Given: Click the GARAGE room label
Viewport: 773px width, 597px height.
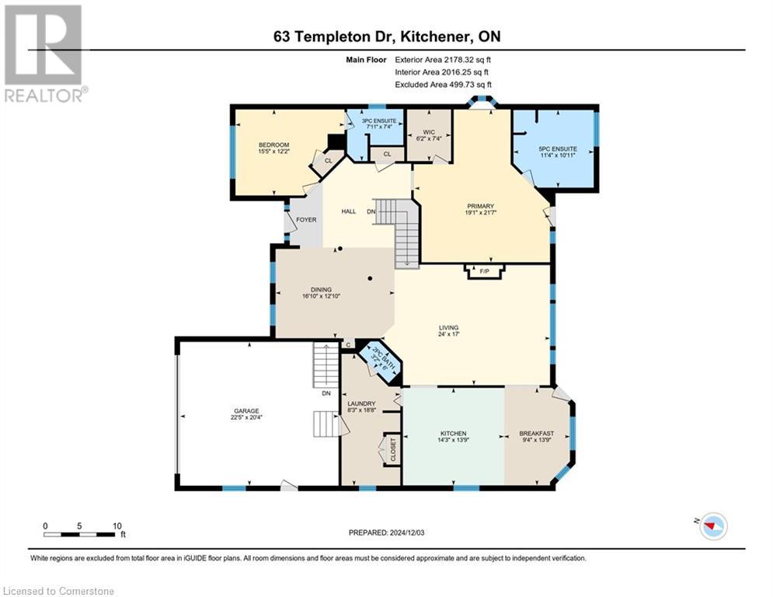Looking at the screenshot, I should click(x=247, y=410).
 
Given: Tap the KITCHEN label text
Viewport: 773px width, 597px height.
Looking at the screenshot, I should click(x=453, y=433).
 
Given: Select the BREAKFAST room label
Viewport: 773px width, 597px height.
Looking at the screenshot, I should click(x=537, y=433).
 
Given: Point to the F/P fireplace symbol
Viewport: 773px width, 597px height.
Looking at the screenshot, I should click(x=485, y=271).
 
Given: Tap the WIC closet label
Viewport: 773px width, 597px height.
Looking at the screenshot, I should click(x=428, y=132).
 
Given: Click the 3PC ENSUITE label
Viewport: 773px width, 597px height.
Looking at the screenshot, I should click(x=375, y=120).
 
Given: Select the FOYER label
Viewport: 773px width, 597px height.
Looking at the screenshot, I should click(x=306, y=220).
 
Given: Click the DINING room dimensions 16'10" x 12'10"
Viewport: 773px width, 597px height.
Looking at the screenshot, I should click(x=322, y=296).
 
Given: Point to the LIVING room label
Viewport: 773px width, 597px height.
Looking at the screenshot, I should click(x=448, y=327).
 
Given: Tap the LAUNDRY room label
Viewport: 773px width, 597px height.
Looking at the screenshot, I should click(x=362, y=403).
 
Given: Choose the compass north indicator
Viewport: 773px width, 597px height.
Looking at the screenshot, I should click(x=711, y=526).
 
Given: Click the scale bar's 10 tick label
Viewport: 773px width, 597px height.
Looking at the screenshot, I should click(x=117, y=525).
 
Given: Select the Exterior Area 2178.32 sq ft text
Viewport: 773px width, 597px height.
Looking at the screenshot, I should click(x=444, y=59).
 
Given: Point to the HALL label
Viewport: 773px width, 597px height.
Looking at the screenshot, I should click(x=349, y=211).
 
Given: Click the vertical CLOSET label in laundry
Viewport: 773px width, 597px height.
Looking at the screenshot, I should click(x=393, y=449).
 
